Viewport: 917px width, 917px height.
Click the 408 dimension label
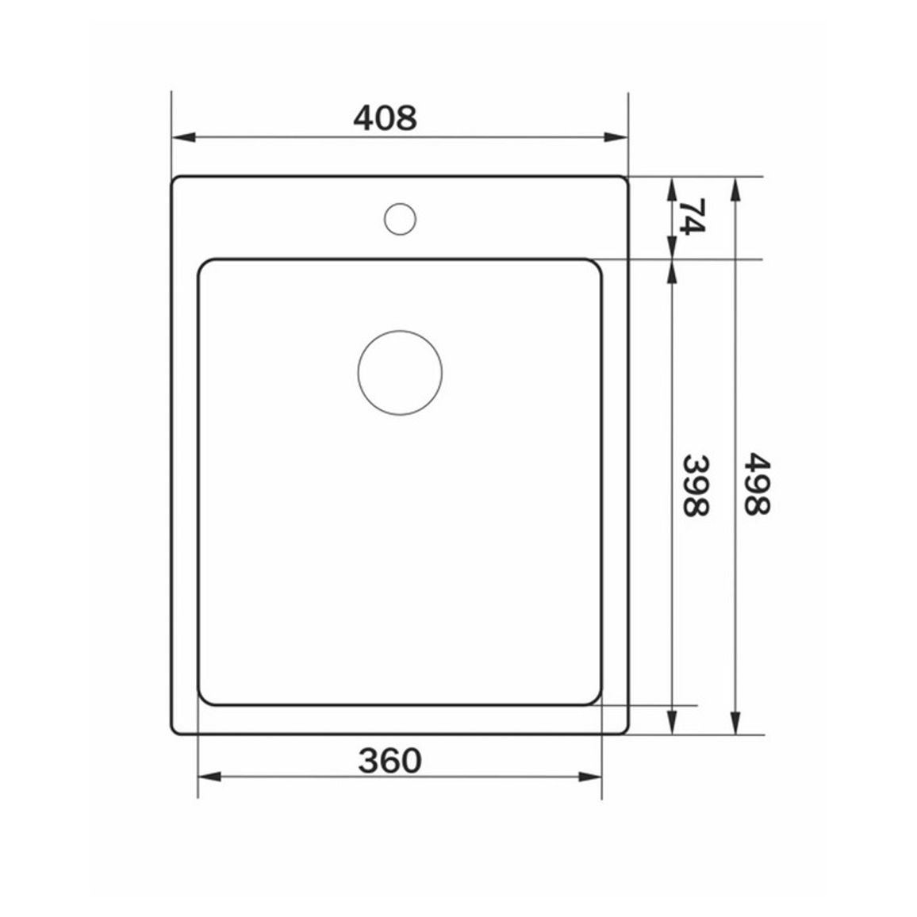(x=385, y=118)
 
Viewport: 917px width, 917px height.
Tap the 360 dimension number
(x=389, y=761)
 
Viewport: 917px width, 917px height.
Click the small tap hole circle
(x=400, y=219)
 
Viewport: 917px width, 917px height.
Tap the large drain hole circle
(x=400, y=373)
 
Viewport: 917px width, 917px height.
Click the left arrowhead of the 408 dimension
(x=183, y=137)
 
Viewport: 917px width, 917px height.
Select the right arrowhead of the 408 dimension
(x=616, y=137)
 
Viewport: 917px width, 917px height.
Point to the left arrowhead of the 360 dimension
(x=209, y=777)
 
